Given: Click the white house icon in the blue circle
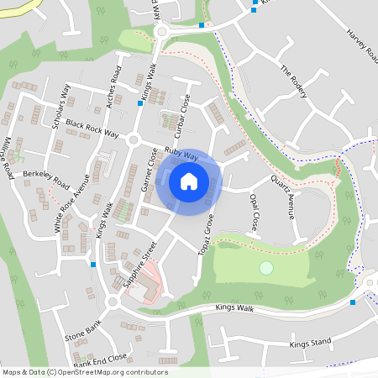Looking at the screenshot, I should click(x=188, y=181).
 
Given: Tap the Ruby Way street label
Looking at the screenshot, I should click(x=181, y=155).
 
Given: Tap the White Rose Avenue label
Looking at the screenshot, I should click(x=71, y=207).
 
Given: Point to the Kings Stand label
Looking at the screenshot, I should click(x=310, y=344).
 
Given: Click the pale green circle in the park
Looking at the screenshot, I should click(x=266, y=268).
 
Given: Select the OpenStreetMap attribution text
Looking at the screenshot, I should click(x=85, y=371).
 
